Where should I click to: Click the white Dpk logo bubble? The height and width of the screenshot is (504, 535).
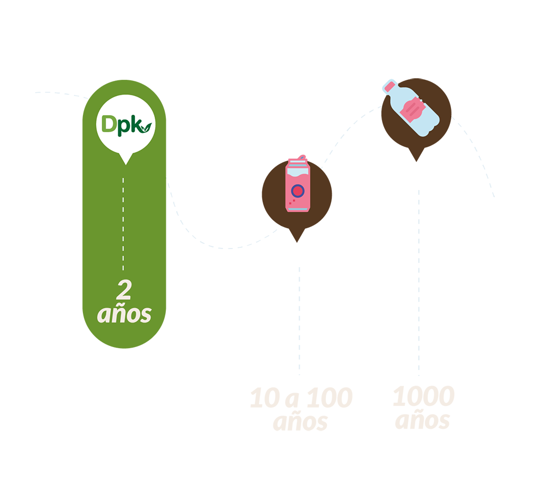pyautogui.click(x=124, y=124)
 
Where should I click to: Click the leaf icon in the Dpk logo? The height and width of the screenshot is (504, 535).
pyautogui.click(x=146, y=127)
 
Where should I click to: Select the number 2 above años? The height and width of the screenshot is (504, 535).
pyautogui.click(x=124, y=291)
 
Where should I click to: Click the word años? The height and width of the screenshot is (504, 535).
pyautogui.click(x=124, y=314)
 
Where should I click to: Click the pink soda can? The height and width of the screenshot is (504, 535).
pyautogui.click(x=299, y=190)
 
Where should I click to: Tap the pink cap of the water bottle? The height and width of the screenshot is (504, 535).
pyautogui.click(x=390, y=86)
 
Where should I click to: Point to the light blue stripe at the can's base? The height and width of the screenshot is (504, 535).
pyautogui.click(x=299, y=209)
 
